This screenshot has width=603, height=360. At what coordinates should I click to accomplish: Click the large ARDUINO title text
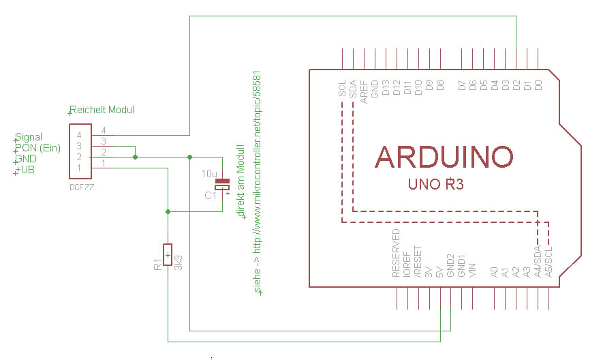pyautogui.click(x=444, y=157)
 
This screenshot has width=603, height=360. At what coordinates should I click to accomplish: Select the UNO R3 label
pyautogui.click(x=435, y=184)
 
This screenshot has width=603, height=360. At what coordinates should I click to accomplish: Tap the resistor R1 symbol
pyautogui.click(x=168, y=254)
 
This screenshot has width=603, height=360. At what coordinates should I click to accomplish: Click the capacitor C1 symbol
pyautogui.click(x=222, y=184)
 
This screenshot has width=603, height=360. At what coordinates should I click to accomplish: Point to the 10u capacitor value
pyautogui.click(x=209, y=174)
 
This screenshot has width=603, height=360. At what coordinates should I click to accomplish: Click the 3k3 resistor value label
pyautogui.click(x=178, y=262)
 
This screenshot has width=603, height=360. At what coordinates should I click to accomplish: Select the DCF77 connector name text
pyautogui.click(x=82, y=187)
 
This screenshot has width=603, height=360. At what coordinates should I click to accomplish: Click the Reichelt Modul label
pyautogui.click(x=102, y=110)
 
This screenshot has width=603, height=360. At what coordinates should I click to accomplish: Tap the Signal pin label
pyautogui.click(x=29, y=137)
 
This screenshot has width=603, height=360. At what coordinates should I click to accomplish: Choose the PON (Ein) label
pyautogui.click(x=37, y=148)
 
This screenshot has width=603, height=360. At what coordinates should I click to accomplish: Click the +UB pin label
pyautogui.click(x=25, y=169)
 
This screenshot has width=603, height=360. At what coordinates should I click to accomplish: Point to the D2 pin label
pyautogui.click(x=516, y=85)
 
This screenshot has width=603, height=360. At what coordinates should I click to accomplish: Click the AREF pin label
pyautogui.click(x=364, y=92)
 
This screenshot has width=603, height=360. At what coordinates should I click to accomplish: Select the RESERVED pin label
pyautogui.click(x=396, y=253)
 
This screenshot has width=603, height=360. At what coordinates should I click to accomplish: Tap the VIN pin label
pyautogui.click(x=473, y=270)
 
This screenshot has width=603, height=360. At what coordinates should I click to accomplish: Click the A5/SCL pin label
pyautogui.click(x=549, y=262)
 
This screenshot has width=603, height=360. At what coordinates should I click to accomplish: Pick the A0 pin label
pyautogui.click(x=495, y=272)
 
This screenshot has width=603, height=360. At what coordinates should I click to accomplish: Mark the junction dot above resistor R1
pyautogui.click(x=168, y=212)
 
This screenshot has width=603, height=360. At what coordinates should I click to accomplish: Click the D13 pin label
pyautogui.click(x=386, y=88)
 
